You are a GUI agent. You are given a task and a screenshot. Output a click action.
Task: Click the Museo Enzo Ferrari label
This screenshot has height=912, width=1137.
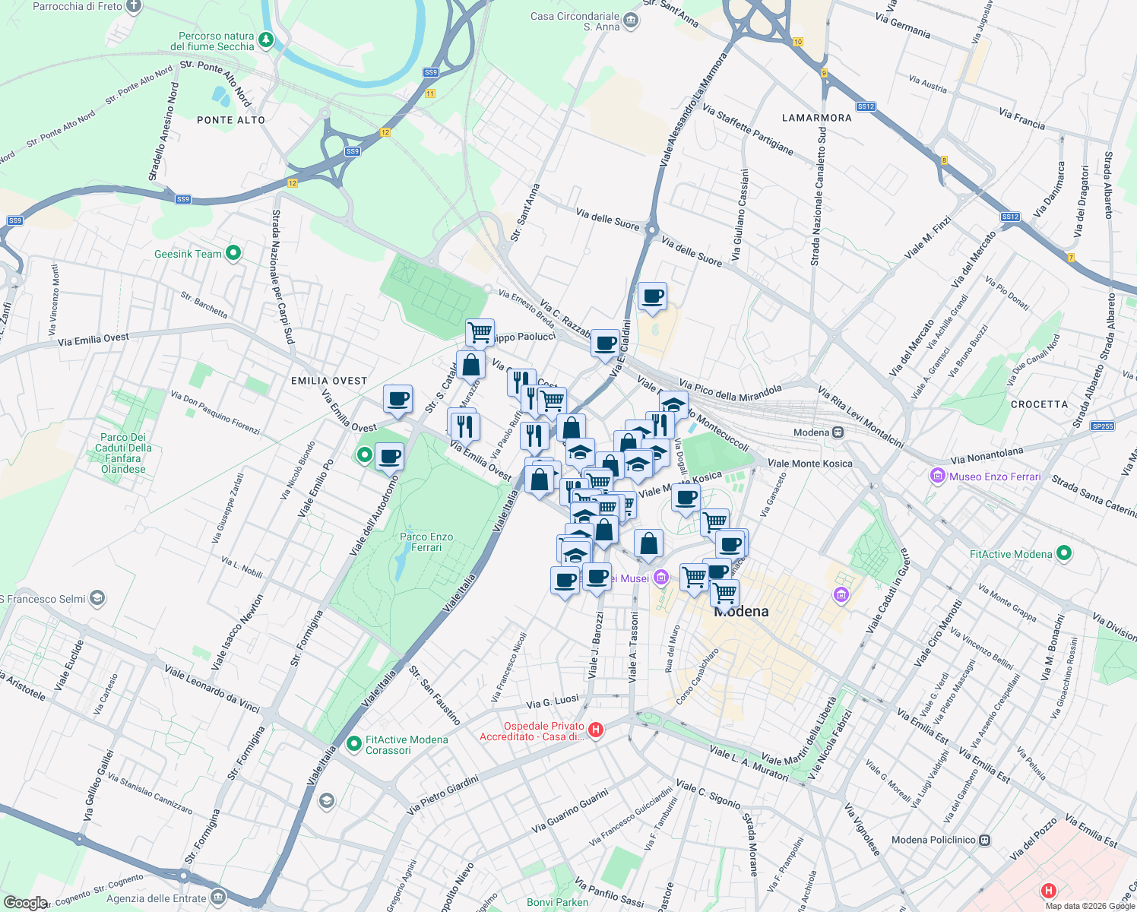[x=995, y=477]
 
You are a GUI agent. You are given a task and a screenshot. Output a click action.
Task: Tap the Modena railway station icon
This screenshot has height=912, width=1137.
[x=838, y=432]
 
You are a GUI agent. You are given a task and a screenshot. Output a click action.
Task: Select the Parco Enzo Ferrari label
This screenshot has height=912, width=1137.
[x=426, y=542]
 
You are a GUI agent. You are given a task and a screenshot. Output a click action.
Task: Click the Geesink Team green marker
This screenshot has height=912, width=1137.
[x=233, y=253]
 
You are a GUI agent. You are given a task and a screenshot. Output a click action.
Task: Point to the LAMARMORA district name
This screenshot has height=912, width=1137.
[x=817, y=118]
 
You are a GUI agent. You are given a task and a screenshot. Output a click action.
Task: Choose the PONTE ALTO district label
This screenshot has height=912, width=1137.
[x=231, y=120]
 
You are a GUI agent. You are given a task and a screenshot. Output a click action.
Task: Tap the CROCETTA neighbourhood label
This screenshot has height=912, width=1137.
[x=1039, y=404]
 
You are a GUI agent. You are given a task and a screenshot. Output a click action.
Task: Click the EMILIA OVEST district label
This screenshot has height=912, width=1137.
[x=329, y=381]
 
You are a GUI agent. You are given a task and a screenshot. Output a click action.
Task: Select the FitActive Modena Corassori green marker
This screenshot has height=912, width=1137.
[x=353, y=744]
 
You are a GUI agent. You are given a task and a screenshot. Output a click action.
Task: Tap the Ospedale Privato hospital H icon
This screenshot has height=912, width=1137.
[x=596, y=730]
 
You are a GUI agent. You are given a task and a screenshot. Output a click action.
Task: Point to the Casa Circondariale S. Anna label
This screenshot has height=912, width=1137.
[x=575, y=21]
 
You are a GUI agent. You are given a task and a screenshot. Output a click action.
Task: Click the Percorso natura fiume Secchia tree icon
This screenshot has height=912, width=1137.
[x=265, y=40]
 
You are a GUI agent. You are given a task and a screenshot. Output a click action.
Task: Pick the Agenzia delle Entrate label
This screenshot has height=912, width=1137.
[x=157, y=898]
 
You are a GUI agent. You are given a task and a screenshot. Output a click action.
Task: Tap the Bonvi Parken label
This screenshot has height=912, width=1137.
[x=557, y=902]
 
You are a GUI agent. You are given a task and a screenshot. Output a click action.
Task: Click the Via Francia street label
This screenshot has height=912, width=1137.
[x=1021, y=119]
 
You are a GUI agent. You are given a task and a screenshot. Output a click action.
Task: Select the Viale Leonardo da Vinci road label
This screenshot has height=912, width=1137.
[x=212, y=689]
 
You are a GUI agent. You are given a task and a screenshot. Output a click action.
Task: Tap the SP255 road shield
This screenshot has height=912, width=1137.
[x=1102, y=426]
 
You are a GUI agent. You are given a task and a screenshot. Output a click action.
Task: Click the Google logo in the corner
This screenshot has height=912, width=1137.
[x=25, y=902]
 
